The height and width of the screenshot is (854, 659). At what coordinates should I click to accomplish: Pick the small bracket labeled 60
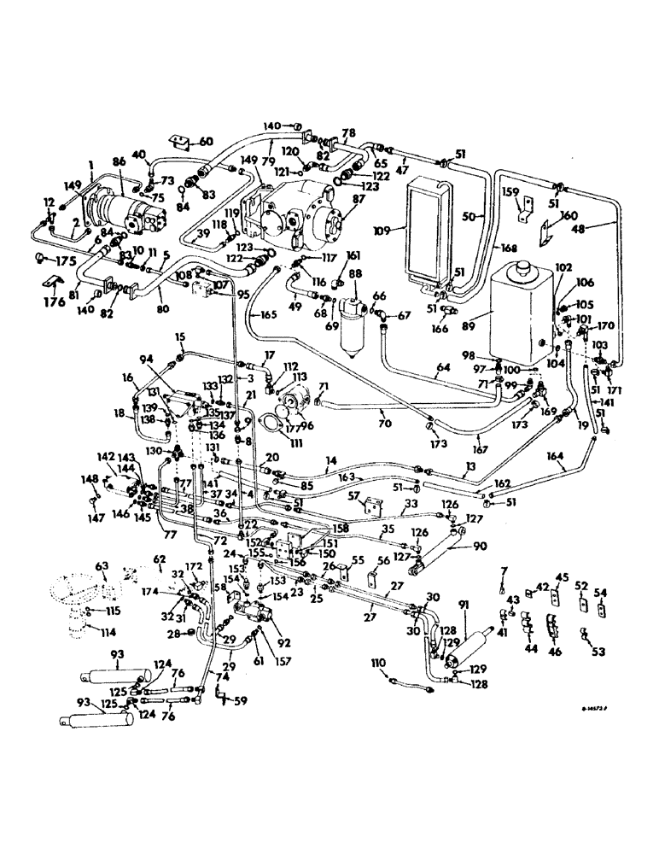[x=180, y=141]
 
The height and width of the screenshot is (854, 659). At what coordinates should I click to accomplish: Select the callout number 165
[x=268, y=315]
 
